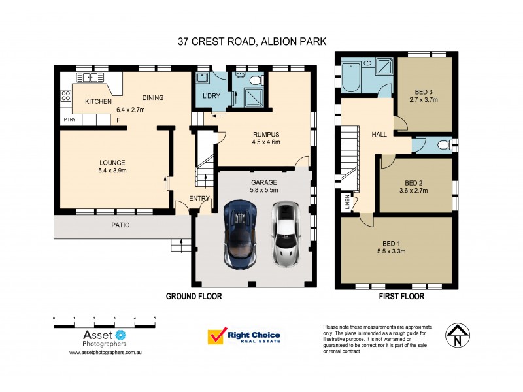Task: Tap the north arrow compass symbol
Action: (x=458, y=335)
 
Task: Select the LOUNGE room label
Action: (x=112, y=163)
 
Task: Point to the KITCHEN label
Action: (x=98, y=102)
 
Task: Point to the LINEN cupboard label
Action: (x=347, y=204)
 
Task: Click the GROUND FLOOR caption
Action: (x=194, y=296)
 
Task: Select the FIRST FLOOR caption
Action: (x=401, y=296)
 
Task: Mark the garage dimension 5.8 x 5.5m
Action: (x=264, y=190)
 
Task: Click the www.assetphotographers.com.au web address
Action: (x=106, y=352)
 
